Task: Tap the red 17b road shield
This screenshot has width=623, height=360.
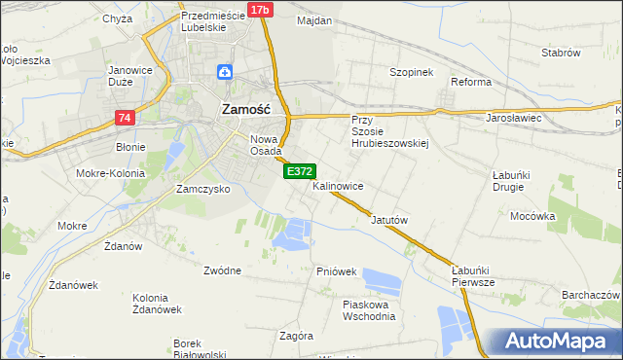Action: coord(259,10)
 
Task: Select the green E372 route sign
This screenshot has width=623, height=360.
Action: coord(299,171)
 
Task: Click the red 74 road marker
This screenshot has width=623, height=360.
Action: coord(124,118)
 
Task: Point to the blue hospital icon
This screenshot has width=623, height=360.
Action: coord(225,72)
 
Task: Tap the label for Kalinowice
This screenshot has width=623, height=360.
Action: coord(339,185)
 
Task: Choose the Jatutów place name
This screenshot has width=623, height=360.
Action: coord(389,220)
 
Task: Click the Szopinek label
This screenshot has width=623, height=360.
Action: coord(410,73)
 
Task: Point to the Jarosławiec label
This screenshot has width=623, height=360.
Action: coord(513,118)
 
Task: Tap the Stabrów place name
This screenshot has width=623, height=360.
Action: coord(561,53)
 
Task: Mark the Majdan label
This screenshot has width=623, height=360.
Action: coord(314,20)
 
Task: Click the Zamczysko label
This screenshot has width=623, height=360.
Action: coord(202,189)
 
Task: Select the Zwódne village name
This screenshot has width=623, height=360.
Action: coord(223,270)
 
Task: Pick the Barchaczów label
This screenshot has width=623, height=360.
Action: coord(591,295)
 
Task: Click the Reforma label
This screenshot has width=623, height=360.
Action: coord(471,82)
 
